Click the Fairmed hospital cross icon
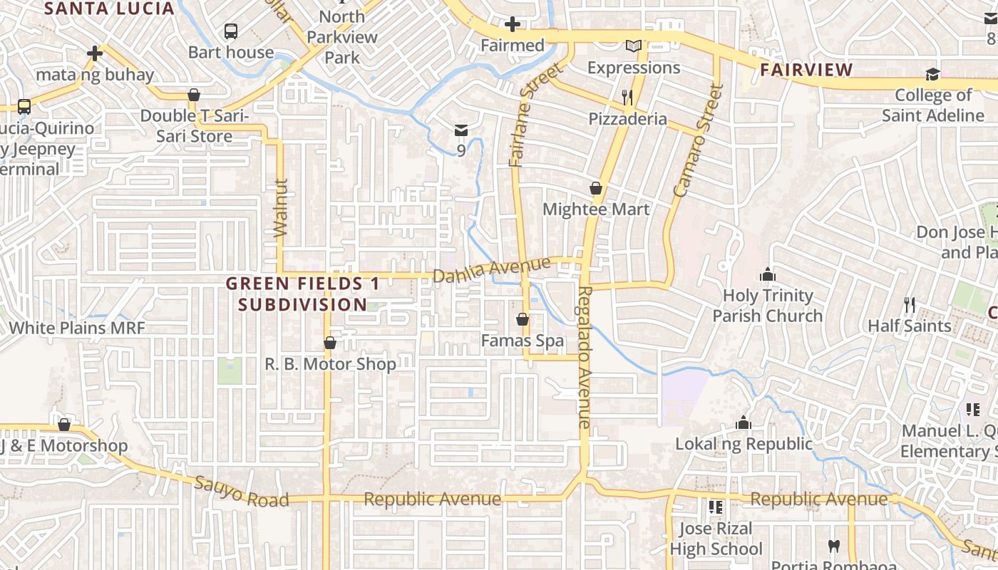click(512, 25)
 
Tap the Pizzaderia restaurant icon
click(627, 98)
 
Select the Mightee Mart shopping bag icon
click(596, 189)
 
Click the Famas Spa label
click(523, 341)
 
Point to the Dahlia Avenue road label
click(492, 270)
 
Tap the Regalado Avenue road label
click(585, 356)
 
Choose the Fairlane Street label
click(526, 115)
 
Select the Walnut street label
click(279, 207)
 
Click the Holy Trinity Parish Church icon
click(767, 274)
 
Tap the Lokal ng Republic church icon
click(744, 423)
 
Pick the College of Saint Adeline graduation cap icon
click(932, 74)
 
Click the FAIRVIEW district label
click(806, 70)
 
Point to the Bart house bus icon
click(230, 31)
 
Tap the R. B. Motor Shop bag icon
click(329, 343)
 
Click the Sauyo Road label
click(242, 492)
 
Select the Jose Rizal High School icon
click(716, 507)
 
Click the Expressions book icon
click(633, 46)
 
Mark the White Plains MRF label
click(77, 328)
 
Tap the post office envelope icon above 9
click(461, 130)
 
